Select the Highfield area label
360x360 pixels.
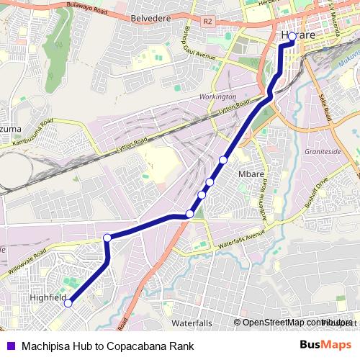[x=49, y=297]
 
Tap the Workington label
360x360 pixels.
[x=219, y=96]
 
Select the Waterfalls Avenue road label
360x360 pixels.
[x=242, y=239]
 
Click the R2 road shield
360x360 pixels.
[x=209, y=22]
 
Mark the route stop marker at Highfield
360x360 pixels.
[x=68, y=303]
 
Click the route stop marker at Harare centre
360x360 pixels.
[x=292, y=35]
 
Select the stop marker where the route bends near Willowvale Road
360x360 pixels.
[x=107, y=238]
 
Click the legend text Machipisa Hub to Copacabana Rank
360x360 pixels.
[x=107, y=346]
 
